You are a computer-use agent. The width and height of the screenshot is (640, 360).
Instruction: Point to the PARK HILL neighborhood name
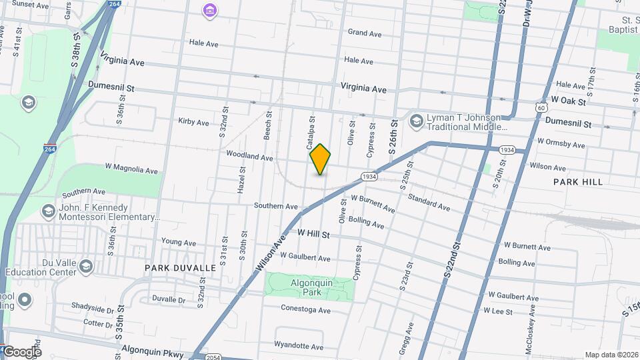(577, 182)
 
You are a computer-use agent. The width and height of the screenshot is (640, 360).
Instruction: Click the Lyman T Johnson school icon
(417, 121)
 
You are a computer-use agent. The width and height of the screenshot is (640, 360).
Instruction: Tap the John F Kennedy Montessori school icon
(48, 212)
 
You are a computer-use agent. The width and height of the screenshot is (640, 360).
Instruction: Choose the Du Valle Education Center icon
(85, 267)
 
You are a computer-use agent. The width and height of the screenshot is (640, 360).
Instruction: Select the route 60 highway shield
(541, 107)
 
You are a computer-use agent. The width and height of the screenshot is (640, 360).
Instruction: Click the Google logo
(21, 352)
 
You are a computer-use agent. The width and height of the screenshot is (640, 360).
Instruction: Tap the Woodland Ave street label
(249, 157)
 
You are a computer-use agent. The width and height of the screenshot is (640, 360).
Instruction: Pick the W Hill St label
(314, 234)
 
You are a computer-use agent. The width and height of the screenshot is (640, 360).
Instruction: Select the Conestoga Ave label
(305, 310)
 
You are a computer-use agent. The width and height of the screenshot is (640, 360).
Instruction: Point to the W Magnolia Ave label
(132, 170)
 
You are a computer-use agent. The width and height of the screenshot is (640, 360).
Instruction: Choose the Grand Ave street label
(364, 33)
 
